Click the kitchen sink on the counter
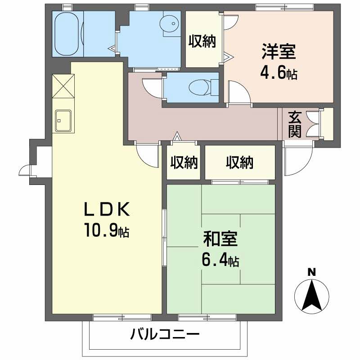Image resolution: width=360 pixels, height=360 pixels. (x=62, y=121)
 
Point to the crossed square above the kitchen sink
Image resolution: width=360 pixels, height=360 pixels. (x=63, y=85)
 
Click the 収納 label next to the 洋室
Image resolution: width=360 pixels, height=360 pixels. (x=202, y=41)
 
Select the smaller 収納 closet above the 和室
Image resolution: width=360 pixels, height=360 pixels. (x=184, y=162)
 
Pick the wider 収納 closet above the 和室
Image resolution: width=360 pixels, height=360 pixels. (x=240, y=162)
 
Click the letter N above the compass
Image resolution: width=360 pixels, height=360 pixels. (x=310, y=272)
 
